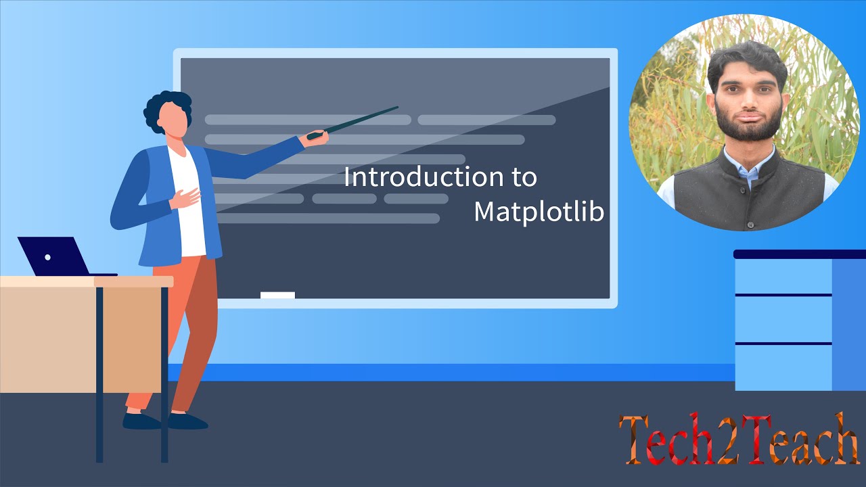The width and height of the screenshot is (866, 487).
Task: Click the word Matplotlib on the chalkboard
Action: (x=539, y=212)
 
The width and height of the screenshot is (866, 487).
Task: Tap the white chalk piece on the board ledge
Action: (x=277, y=295)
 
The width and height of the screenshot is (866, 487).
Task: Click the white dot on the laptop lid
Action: (x=47, y=258)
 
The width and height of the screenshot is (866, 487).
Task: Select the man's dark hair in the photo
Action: (x=747, y=57)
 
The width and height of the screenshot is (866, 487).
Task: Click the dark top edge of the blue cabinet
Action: (x=798, y=254)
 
